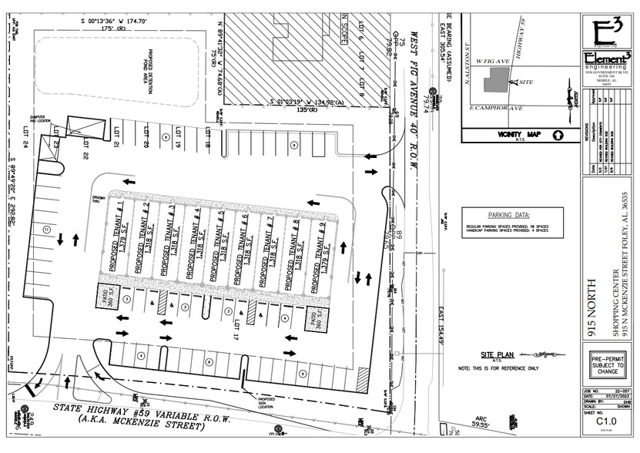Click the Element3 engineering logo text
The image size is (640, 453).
click(x=607, y=59)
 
